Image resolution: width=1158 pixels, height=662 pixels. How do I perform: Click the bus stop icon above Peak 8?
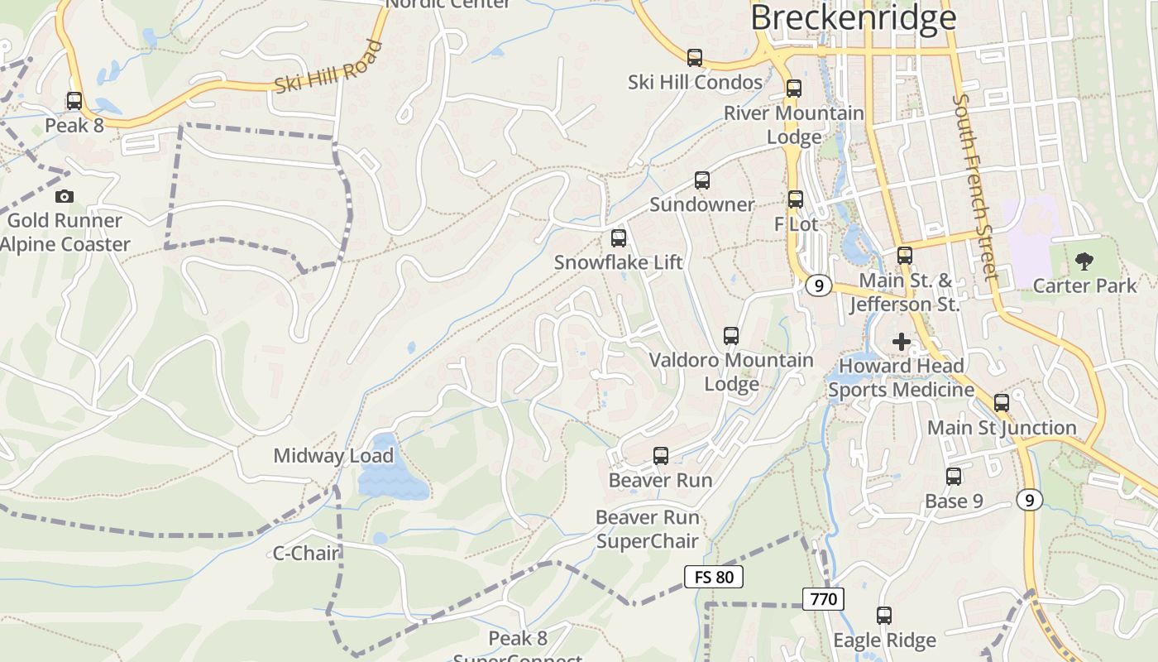coord(74,101)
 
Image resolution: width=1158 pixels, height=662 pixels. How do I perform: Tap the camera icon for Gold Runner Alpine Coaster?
coord(65,196)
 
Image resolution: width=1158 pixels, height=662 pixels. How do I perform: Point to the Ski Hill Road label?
coord(328,66)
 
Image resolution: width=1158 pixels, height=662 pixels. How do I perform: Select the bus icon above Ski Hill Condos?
coord(695,57)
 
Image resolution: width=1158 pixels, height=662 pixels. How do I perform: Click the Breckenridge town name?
coord(853,17)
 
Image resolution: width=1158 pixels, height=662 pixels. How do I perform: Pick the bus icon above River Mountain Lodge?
coord(794,88)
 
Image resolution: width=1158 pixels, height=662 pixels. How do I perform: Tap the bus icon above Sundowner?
coord(702,180)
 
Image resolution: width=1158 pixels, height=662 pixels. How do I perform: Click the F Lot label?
coord(796,224)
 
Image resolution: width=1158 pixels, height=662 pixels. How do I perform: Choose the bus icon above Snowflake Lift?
coord(619,238)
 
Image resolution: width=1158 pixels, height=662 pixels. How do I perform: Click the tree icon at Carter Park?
coord(1084,261)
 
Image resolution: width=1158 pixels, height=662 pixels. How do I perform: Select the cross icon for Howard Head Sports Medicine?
coord(902,341)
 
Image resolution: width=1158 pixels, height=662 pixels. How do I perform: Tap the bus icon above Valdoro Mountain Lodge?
coord(731,335)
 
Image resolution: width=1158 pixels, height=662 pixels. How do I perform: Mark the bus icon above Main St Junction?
coord(1002,403)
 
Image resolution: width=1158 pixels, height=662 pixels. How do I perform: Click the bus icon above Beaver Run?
coord(661,455)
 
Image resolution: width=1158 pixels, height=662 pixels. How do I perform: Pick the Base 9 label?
coord(954,501)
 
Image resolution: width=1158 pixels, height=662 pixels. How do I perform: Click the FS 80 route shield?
coord(714,577)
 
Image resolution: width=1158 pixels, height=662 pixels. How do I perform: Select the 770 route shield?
coord(824,599)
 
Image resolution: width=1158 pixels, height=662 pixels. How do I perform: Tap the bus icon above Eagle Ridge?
coord(884,616)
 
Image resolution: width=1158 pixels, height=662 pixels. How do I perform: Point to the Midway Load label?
coord(333,456)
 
